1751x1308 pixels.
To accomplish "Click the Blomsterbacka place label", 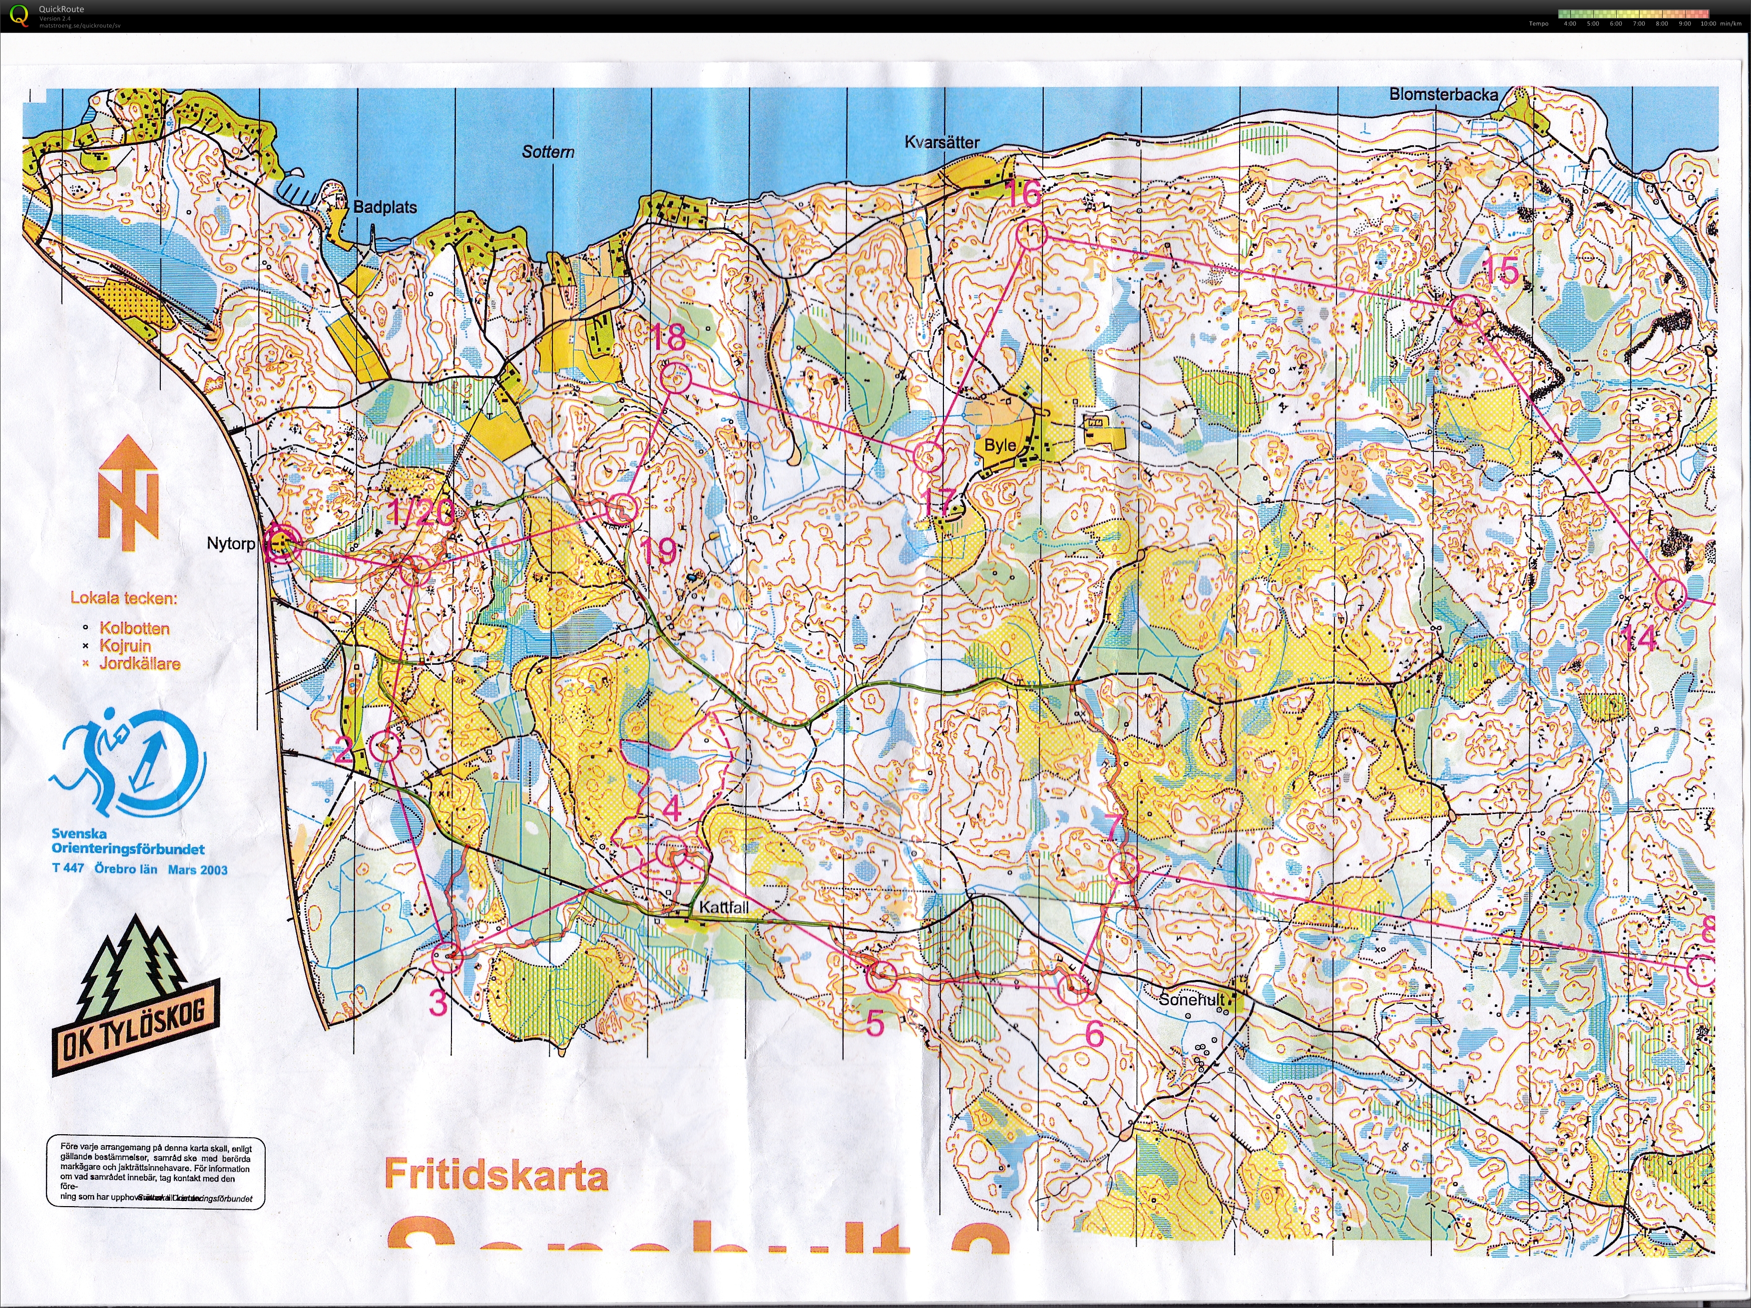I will pos(1443,94).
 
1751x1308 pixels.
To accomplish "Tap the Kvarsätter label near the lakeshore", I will pos(942,142).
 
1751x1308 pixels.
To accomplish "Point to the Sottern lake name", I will pos(548,151).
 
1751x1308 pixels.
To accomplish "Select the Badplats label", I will pos(385,207).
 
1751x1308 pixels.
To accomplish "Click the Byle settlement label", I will pos(1000,445).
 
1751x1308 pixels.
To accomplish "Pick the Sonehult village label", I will pos(1191,999).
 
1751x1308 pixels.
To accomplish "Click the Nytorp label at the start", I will pos(230,544).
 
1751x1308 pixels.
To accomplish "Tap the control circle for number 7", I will pos(1123,869).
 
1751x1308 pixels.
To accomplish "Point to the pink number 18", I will pos(667,338).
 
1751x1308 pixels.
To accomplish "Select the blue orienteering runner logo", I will pos(127,764).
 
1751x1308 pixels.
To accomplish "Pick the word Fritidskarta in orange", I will pos(496,1175).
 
